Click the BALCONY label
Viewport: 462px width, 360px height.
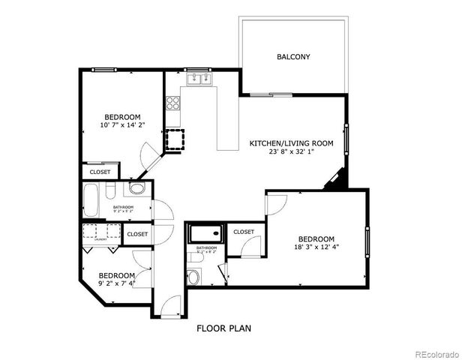click(x=293, y=57)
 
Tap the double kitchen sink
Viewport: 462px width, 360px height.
click(x=199, y=77)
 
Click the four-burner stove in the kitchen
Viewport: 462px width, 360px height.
click(x=172, y=103)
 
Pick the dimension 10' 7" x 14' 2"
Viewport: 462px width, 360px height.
click(x=121, y=124)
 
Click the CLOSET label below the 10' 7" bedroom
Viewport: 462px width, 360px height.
click(x=100, y=172)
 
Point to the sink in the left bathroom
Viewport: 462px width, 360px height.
click(x=137, y=188)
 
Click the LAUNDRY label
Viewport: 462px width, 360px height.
click(x=90, y=239)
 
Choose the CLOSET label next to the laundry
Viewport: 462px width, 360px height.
click(x=137, y=235)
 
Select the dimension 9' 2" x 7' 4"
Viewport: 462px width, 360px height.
click(x=116, y=283)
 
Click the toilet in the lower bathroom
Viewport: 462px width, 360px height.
click(x=194, y=277)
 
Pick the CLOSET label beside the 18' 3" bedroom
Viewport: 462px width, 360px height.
click(x=244, y=232)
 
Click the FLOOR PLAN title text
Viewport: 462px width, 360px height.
click(x=223, y=328)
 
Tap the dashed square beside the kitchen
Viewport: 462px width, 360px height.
click(x=175, y=139)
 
